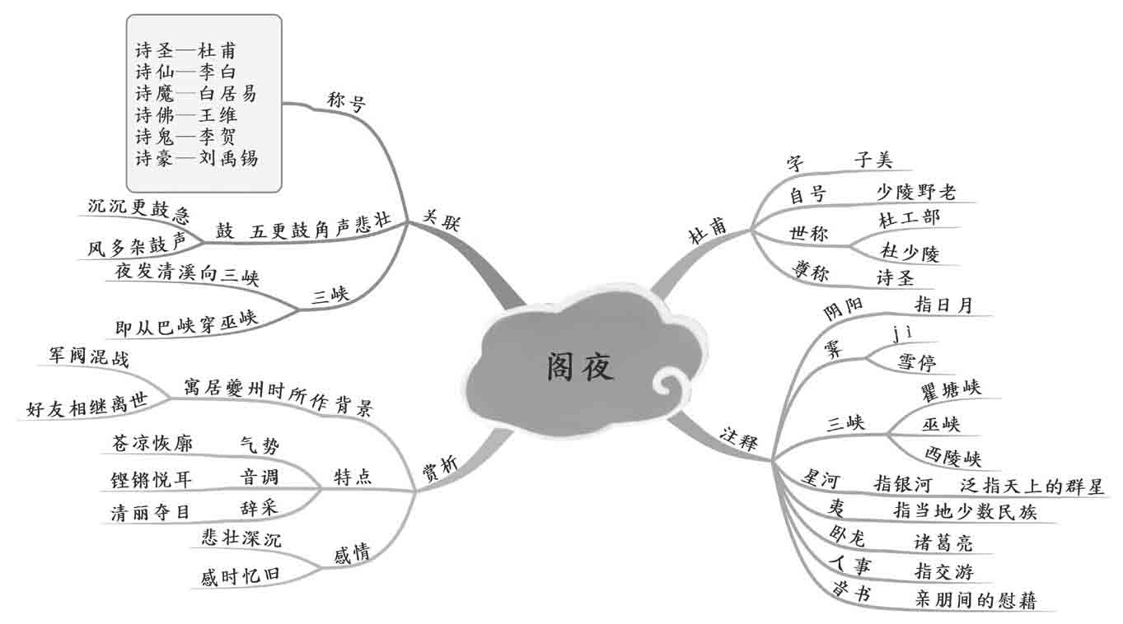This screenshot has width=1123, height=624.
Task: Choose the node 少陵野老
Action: pyautogui.click(x=915, y=193)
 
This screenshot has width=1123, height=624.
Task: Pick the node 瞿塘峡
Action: pyautogui.click(x=953, y=389)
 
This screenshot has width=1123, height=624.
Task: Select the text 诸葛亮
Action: pyautogui.click(x=943, y=543)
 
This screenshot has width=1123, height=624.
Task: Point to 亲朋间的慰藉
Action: pyautogui.click(x=975, y=600)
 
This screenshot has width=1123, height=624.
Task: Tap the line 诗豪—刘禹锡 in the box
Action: pyautogui.click(x=196, y=158)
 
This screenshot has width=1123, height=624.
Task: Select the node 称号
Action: pyautogui.click(x=346, y=105)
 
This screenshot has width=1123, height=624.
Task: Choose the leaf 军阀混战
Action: pyautogui.click(x=89, y=359)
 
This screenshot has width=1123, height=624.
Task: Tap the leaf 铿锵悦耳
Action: pyautogui.click(x=151, y=478)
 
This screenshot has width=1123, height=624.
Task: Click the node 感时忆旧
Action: pyautogui.click(x=235, y=576)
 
